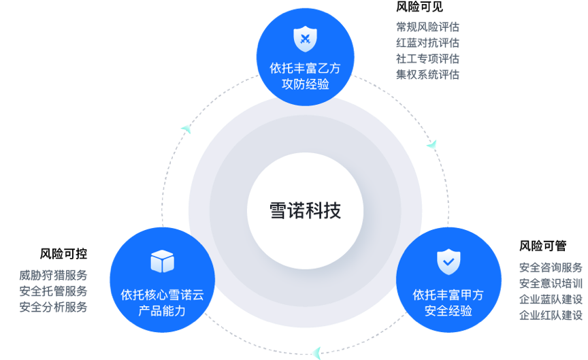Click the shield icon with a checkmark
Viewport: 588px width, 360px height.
(x=448, y=261)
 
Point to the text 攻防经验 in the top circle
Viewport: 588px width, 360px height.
(x=305, y=84)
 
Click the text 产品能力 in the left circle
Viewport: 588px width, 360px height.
(x=162, y=311)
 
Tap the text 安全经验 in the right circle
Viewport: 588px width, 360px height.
(x=448, y=311)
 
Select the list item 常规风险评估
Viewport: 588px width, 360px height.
(x=427, y=27)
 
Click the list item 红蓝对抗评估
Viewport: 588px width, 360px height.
(x=427, y=43)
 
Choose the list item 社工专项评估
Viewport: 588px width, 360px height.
(x=427, y=59)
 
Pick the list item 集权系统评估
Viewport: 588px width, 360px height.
(x=427, y=74)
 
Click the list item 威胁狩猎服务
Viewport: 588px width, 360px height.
(x=53, y=276)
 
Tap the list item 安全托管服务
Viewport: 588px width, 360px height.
(x=53, y=291)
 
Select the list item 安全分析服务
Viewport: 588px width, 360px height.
(x=53, y=307)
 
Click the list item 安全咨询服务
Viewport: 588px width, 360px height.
(x=551, y=267)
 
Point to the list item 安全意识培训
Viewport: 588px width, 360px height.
(x=551, y=283)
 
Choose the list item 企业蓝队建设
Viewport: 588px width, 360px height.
(x=551, y=299)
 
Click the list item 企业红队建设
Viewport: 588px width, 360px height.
(x=551, y=315)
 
